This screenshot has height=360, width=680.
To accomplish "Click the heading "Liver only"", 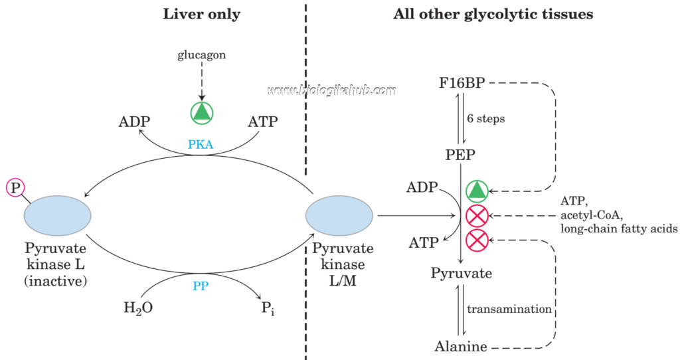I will click(x=201, y=14).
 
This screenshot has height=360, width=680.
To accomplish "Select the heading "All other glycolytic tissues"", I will click(x=493, y=14).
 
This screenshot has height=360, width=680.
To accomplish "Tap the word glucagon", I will click(x=201, y=55).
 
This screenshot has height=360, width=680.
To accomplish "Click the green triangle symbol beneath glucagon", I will click(x=202, y=112).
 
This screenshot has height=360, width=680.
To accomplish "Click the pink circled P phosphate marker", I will click(x=15, y=188).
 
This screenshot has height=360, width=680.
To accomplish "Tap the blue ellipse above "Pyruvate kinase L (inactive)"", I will click(x=57, y=216).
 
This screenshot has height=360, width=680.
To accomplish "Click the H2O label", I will click(x=138, y=308).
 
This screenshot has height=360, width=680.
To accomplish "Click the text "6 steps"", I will click(x=486, y=119).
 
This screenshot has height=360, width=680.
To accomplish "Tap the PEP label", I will click(x=460, y=155).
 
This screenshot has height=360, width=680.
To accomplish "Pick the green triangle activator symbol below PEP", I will click(x=477, y=191).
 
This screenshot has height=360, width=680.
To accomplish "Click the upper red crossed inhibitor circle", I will click(x=477, y=216).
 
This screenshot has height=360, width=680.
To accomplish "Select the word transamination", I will click(x=509, y=309).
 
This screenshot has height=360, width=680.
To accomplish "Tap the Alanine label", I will click(x=461, y=345).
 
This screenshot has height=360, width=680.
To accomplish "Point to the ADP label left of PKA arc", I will click(x=135, y=122).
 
